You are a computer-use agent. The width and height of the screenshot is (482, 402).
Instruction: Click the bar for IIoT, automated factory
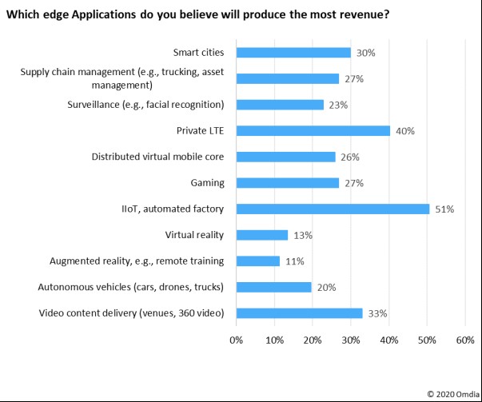pos(333,209)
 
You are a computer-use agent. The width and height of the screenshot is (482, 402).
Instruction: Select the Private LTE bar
pos(313,131)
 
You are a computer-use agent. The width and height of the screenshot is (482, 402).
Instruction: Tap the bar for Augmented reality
pos(257,261)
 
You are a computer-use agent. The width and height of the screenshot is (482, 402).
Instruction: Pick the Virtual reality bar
pos(261,235)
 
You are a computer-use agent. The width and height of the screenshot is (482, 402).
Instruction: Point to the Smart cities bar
pos(293,53)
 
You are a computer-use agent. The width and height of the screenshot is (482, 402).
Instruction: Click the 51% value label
pos(444,209)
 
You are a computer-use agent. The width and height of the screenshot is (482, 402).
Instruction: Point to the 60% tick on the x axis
pos(464,340)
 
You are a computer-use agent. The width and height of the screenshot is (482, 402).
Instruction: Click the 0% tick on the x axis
pos(236,340)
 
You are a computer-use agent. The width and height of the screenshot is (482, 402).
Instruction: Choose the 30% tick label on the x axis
pos(350,340)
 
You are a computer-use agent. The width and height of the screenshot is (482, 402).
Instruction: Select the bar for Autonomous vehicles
pos(274,287)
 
